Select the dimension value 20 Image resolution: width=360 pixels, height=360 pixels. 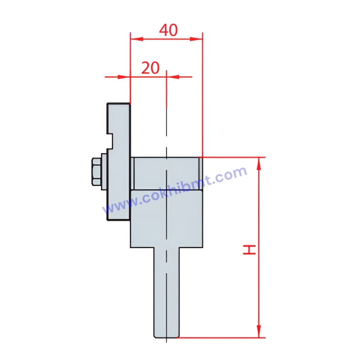[150, 68]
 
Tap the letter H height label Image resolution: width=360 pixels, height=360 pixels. [250, 250]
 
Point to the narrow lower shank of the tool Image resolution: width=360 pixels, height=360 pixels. [166, 292]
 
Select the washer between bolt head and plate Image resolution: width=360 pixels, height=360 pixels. [103, 173]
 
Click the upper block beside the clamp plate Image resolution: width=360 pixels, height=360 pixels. [166, 173]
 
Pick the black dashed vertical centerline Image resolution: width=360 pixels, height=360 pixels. [166, 122]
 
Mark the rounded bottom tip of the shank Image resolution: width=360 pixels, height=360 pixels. [166, 337]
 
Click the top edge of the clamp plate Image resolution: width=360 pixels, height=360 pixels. [119, 103]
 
